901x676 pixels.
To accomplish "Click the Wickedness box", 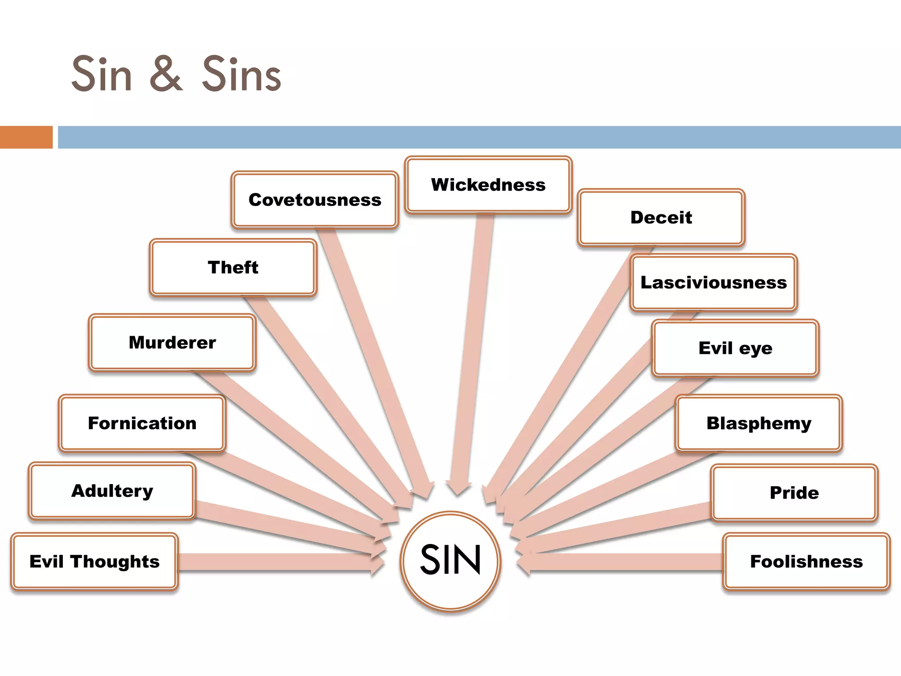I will pos(488,185).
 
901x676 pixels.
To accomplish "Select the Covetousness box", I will pos(315,200).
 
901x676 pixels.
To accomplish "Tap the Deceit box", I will pos(661,217).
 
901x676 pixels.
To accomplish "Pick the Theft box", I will pos(233,268).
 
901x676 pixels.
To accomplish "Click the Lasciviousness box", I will pos(713,283).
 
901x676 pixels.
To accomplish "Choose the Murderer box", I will pos(172,342).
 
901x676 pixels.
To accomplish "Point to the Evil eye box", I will pos(735,348).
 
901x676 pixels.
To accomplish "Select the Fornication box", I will pos(142,423).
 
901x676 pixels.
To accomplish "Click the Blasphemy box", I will pos(758,423).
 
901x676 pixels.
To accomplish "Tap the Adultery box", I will pos(112,491).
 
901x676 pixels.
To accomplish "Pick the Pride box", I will pos(794,493).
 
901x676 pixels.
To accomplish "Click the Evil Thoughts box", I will pos(94,562).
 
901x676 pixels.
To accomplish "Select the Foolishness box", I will pos(806,562).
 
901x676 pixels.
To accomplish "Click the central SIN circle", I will pos(450,561).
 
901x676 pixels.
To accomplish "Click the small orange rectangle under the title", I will pos(26,137).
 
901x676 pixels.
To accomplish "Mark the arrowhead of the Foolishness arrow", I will pos(524,563).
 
